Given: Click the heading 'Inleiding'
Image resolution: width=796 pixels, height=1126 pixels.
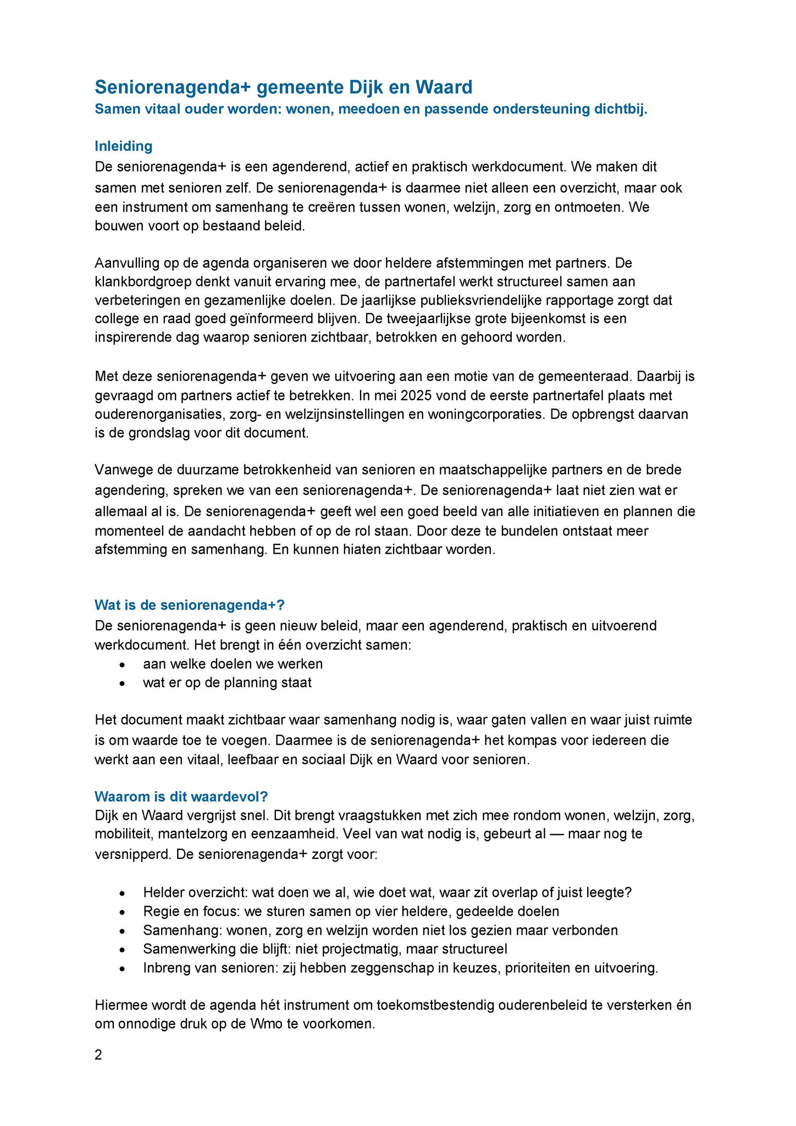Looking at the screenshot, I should coord(123,146).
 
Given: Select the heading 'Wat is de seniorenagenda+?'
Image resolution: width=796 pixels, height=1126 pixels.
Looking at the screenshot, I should coord(190,605).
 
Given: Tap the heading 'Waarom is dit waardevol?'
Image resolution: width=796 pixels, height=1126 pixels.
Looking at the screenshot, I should coord(181,797).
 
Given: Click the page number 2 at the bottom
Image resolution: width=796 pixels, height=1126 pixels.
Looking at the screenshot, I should coord(98,1055).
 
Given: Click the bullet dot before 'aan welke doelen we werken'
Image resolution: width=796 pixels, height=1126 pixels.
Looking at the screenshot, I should coord(122,665).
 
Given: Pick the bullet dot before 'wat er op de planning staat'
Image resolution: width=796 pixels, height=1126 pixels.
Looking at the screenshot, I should coord(122,683).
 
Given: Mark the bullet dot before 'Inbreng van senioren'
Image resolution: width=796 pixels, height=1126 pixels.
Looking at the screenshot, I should coord(122,969).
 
